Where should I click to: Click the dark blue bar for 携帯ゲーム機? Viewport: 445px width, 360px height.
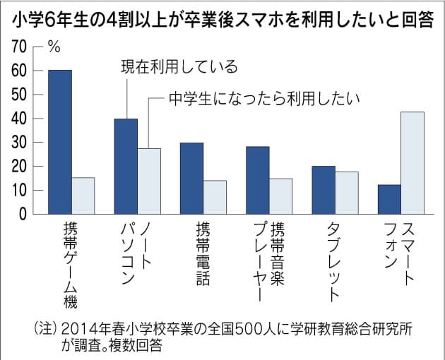[60, 141]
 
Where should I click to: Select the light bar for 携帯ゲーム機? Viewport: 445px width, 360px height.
[83, 196]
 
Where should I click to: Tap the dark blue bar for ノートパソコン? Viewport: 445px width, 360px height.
[126, 166]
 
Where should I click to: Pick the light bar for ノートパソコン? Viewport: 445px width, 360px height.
[149, 181]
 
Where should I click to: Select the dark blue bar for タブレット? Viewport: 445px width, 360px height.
[324, 190]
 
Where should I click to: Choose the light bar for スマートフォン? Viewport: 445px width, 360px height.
[412, 162]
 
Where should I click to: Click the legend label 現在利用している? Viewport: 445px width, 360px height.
[179, 67]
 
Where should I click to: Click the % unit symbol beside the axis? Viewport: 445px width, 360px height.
[54, 47]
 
